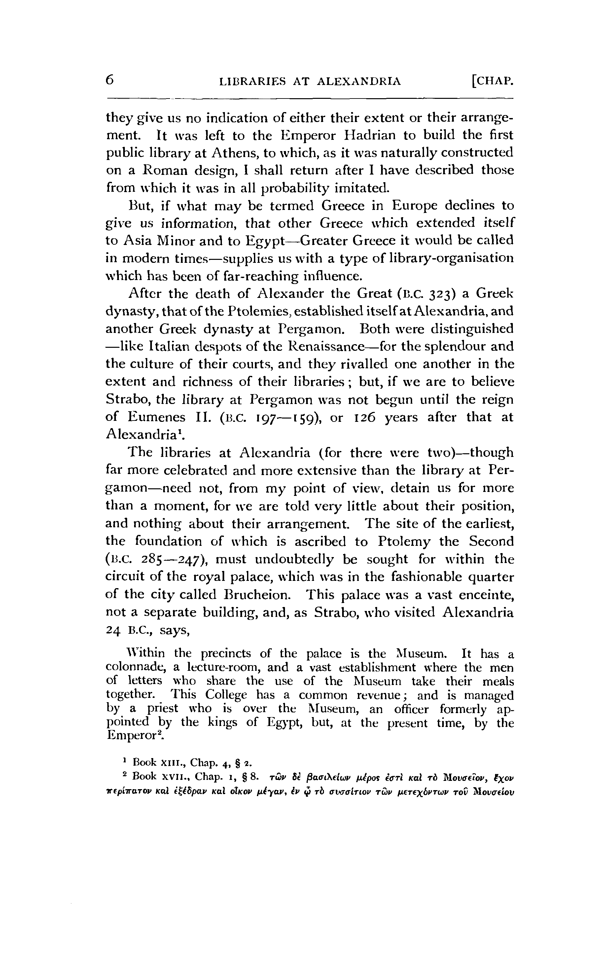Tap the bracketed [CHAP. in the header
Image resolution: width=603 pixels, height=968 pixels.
pos(492,82)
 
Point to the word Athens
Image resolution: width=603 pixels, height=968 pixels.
pos(234,153)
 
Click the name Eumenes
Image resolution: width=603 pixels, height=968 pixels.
pos(152,417)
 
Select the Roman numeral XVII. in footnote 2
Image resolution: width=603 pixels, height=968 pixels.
pos(174,777)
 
